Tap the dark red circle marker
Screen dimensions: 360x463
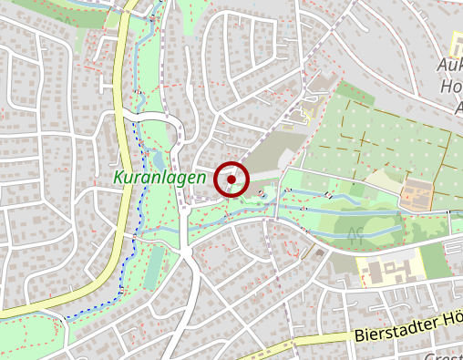pyautogui.click(x=231, y=180)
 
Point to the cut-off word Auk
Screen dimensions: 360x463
pyautogui.click(x=451, y=67)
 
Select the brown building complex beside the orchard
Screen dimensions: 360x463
pyautogui.click(x=417, y=194)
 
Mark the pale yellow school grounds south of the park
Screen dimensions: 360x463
pyautogui.click(x=387, y=270)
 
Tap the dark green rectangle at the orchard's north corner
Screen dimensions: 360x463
pyautogui.click(x=356, y=92)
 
